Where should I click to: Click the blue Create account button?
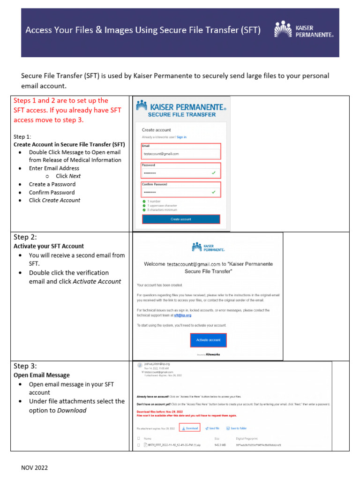tap(180, 219)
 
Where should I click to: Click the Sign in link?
tap(181, 137)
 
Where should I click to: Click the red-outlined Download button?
tap(190, 428)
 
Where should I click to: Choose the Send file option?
tap(212, 428)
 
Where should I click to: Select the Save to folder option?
tap(236, 428)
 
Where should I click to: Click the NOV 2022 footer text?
tap(34, 467)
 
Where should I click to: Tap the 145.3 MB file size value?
tap(220, 444)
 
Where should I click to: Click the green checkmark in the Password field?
tap(214, 173)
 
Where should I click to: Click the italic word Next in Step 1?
tap(75, 176)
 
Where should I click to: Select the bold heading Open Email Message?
tap(42, 375)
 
